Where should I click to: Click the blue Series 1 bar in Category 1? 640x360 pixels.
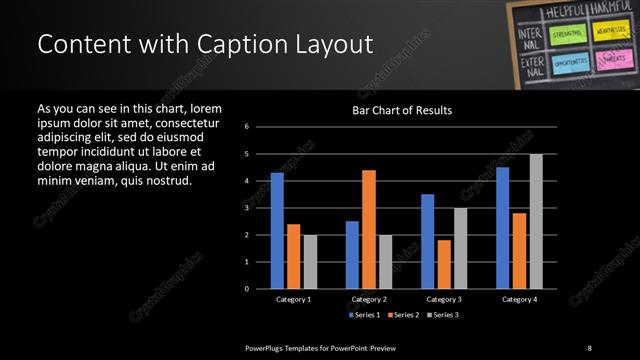(x=277, y=231)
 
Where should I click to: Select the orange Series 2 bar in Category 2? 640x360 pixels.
(x=369, y=229)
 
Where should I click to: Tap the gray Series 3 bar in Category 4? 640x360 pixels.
(x=536, y=221)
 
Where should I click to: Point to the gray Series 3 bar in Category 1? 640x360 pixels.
(x=310, y=262)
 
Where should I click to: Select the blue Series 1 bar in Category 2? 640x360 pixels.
(x=352, y=255)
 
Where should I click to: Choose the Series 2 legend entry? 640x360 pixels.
(x=402, y=315)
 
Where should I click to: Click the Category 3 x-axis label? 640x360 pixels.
(x=444, y=299)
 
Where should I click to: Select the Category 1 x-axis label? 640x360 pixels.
(x=293, y=299)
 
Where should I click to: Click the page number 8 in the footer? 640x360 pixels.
(x=590, y=347)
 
